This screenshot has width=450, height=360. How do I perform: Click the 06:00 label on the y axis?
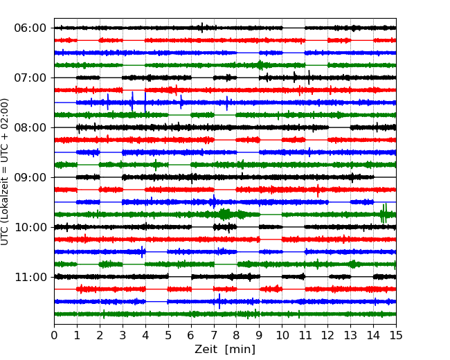[x=30, y=28]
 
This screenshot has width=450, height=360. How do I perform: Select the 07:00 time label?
[x=30, y=78]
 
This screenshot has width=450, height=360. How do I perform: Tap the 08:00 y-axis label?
[x=30, y=127]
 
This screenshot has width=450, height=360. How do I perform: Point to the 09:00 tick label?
[x=30, y=177]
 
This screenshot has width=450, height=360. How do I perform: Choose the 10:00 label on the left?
[x=30, y=227]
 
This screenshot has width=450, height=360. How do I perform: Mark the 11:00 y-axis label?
[x=30, y=277]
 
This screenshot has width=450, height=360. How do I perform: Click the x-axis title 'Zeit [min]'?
[x=224, y=350]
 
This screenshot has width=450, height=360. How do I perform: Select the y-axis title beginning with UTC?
[x=6, y=171]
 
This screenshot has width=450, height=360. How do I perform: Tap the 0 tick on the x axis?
[x=54, y=336]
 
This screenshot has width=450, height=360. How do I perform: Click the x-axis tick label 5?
[x=168, y=336]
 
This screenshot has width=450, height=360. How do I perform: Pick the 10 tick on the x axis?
[x=282, y=336]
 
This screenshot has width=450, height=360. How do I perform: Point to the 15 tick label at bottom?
[x=396, y=336]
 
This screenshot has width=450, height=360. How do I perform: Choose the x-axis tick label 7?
[x=214, y=336]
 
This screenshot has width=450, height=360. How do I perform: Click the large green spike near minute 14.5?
[x=384, y=213]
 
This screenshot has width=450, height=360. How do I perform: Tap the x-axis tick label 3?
[x=123, y=336]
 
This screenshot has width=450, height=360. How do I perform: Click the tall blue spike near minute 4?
[x=145, y=102]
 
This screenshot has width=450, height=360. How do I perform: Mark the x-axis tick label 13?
[x=350, y=336]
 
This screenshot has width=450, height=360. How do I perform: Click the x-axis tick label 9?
[x=259, y=336]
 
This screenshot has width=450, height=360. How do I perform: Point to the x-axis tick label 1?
[x=77, y=336]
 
